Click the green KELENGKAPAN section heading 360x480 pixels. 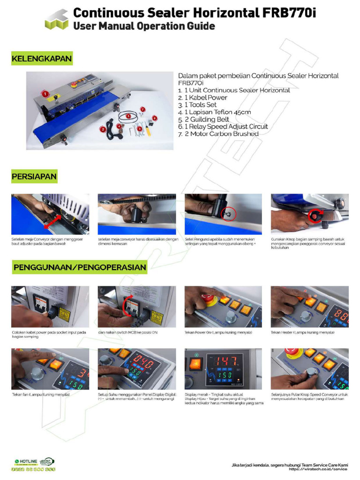click(x=42, y=59)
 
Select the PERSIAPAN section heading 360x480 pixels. click(x=35, y=177)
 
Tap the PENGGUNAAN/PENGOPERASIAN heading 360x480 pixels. click(x=80, y=267)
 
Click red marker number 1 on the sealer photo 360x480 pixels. click(x=45, y=94)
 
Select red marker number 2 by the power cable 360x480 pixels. click(x=103, y=129)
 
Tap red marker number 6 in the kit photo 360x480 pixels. click(x=155, y=118)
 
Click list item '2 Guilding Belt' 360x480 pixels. click(x=203, y=119)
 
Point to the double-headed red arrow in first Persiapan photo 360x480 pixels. click(x=54, y=219)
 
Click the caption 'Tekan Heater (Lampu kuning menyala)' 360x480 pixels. click(x=302, y=332)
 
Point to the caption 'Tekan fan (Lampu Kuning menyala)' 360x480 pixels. click(x=41, y=395)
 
